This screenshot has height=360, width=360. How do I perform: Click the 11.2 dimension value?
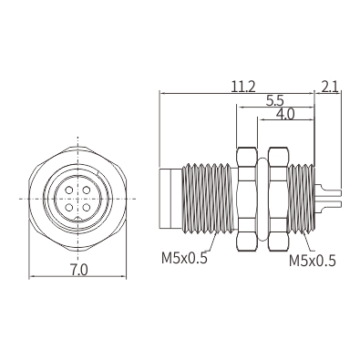click(243, 87)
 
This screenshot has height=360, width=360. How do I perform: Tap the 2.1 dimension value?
click(330, 87)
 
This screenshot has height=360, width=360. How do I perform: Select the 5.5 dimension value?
click(274, 100)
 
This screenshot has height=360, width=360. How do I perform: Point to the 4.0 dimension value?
click(285, 114)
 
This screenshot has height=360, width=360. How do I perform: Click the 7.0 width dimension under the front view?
click(78, 269)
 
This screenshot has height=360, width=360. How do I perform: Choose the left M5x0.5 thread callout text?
click(184, 258)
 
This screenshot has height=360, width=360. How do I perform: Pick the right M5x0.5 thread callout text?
click(313, 261)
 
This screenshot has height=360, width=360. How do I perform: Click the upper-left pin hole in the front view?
click(69, 190)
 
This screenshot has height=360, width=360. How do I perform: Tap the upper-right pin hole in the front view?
click(87, 190)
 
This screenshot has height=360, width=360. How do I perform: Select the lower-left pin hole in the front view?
click(69, 208)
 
